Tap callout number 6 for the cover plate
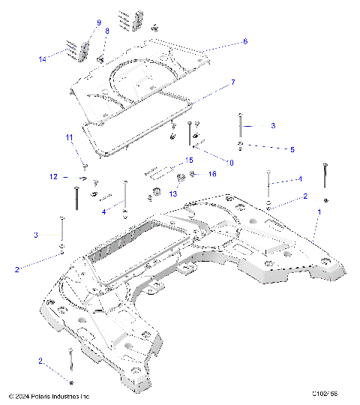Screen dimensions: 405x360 click(244, 42)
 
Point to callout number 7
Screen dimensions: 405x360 click(233, 81)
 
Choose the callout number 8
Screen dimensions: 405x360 click(107, 30)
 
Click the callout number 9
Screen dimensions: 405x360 click(98, 22)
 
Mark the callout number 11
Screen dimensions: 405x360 click(68, 137)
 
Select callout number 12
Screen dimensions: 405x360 click(53, 177)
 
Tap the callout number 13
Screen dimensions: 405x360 click(173, 193)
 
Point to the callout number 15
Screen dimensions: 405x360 click(190, 160)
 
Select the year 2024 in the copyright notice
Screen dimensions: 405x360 click(22, 395)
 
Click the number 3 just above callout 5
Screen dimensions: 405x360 click(273, 125)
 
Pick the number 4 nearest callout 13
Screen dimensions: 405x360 click(103, 212)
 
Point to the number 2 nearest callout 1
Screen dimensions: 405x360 click(305, 196)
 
